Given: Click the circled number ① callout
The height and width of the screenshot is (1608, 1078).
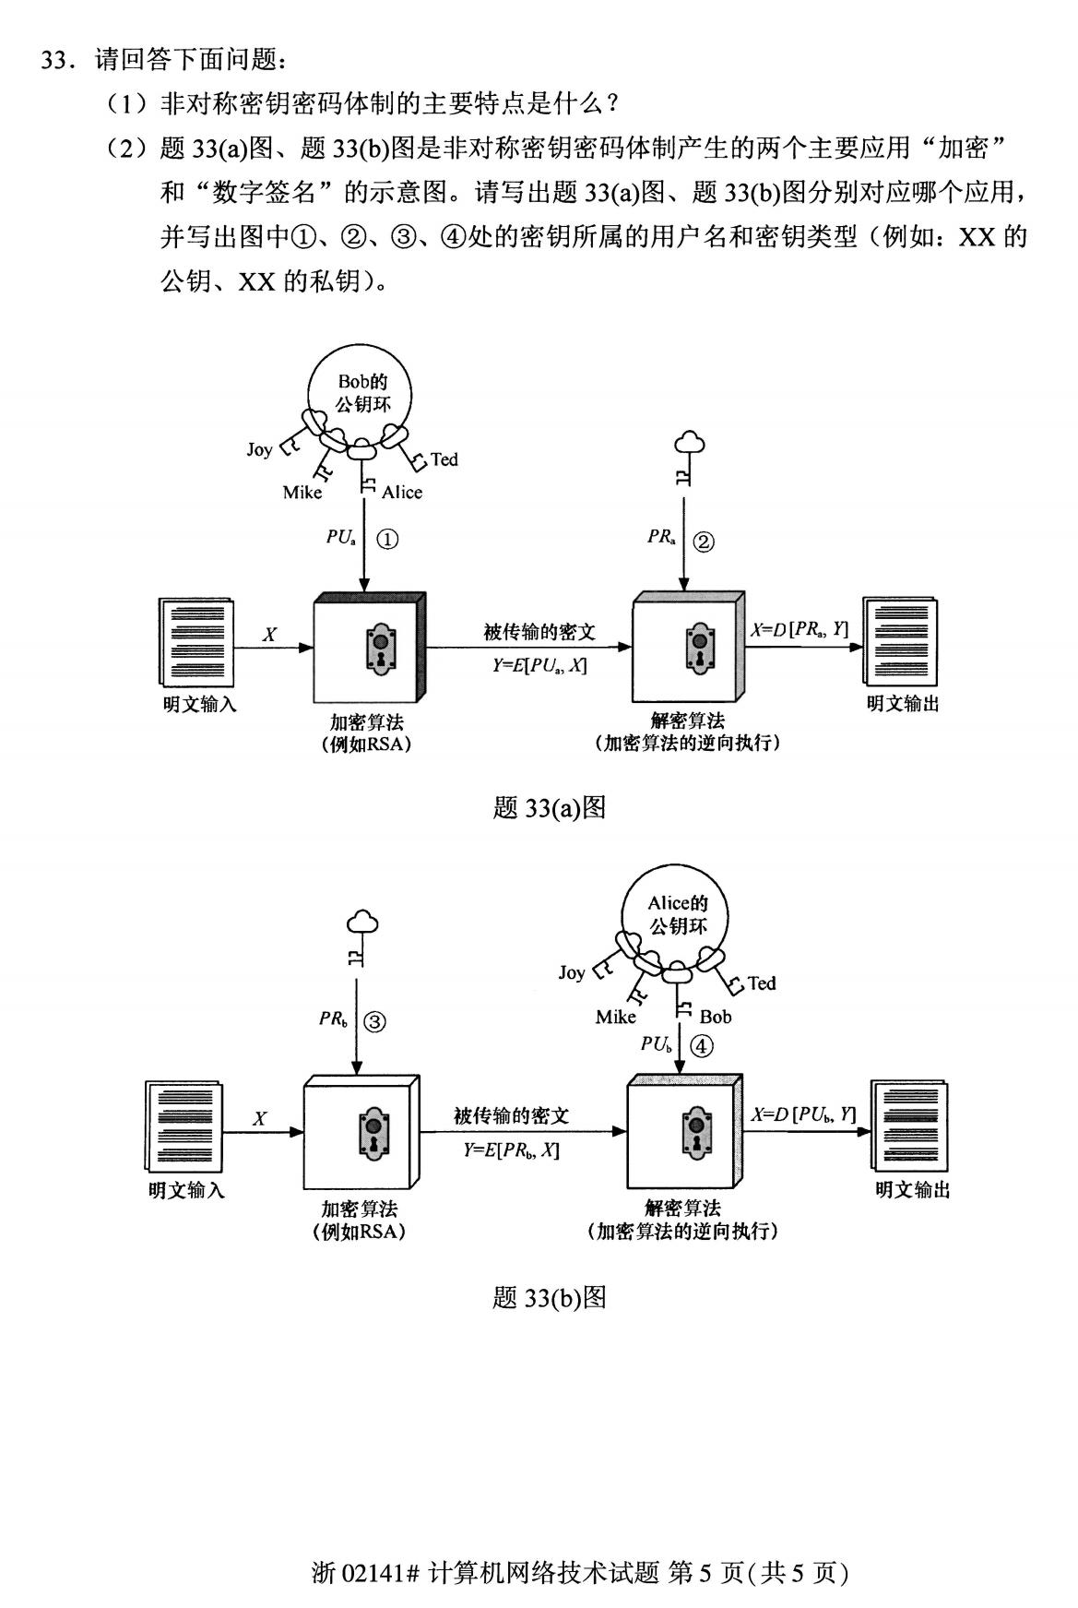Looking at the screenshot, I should pos(388,540).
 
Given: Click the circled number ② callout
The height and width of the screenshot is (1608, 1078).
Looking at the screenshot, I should pos(703,542).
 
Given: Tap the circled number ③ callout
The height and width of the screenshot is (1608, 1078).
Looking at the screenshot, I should pos(374,1021).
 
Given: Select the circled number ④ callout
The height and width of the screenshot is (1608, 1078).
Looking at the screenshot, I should pos(702,1045).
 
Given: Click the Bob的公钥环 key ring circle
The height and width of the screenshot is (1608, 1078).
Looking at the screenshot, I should pos(360,394).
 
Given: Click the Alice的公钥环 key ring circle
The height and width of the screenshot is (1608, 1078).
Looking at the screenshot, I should pos(677,915).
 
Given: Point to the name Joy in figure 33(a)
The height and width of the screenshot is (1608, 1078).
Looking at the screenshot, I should pos(259,449).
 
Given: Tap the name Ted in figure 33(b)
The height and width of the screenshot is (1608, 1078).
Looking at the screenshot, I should pos(762,983).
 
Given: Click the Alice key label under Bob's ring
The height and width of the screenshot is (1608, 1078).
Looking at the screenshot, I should pos(402,493).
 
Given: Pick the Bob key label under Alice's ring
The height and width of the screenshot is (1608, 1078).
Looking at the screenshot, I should pos(716,1017).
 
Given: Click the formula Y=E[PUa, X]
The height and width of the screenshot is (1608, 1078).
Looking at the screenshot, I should pos(539,665).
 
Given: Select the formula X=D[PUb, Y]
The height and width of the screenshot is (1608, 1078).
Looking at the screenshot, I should pos(803,1114).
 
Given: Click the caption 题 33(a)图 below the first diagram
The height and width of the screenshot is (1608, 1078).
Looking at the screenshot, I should pos(549,808).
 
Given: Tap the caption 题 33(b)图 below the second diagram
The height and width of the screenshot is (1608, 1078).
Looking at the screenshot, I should pos(549,1298).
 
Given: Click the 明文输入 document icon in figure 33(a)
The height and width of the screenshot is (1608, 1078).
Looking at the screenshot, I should pos(196,643).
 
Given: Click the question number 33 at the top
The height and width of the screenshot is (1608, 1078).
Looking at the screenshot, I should pos(55,61).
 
